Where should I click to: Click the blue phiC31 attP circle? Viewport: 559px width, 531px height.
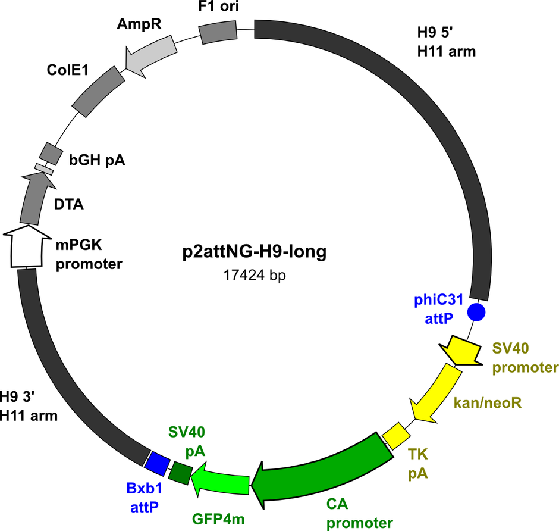point(476,312)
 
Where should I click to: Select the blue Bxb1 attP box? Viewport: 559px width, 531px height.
point(157,464)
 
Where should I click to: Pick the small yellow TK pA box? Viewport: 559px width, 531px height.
point(396,436)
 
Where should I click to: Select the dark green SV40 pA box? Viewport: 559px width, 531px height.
point(180,473)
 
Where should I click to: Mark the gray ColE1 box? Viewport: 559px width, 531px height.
point(98,91)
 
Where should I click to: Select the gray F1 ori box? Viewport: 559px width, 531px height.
point(218,33)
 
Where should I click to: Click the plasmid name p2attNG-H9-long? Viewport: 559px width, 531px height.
point(254,252)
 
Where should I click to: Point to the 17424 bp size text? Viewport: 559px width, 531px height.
point(254,275)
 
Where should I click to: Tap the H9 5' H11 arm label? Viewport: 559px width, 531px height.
point(447,42)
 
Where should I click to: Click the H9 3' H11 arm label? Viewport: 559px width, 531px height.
point(29,406)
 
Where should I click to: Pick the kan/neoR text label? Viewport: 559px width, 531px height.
point(488,403)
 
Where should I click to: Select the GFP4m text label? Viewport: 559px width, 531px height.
point(218,519)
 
